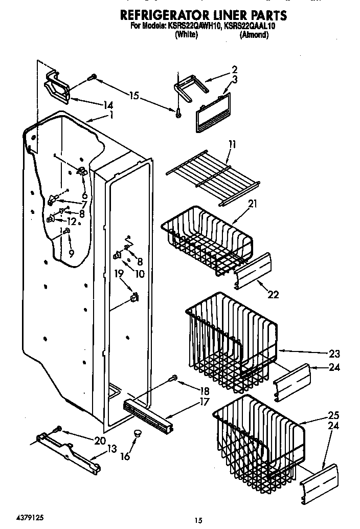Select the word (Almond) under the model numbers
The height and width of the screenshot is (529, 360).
click(254, 35)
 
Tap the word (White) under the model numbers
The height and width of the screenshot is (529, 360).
click(186, 35)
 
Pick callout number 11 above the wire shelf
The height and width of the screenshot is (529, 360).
click(233, 145)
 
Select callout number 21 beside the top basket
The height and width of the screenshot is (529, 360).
click(252, 204)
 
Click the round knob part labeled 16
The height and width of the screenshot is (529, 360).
click(137, 434)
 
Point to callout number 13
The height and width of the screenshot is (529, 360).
click(111, 449)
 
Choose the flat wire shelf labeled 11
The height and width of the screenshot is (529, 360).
click(212, 177)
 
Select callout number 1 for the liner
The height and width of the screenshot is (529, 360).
click(111, 116)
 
